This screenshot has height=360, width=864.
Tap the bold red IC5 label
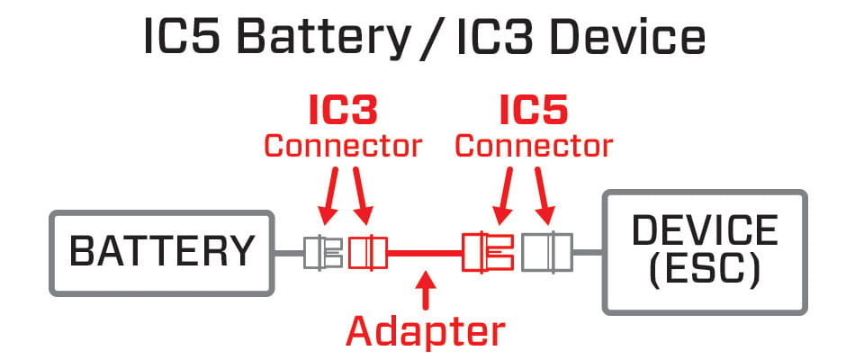pyautogui.click(x=534, y=111)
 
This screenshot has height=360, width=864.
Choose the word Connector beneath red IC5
pyautogui.click(x=534, y=145)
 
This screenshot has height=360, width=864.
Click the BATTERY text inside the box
pyautogui.click(x=162, y=253)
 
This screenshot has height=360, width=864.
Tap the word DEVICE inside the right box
pyautogui.click(x=705, y=231)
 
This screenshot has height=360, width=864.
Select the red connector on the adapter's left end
pyautogui.click(x=366, y=253)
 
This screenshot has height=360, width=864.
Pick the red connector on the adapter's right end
pyautogui.click(x=487, y=253)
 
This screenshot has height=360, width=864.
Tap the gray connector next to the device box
pyautogui.click(x=544, y=253)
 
